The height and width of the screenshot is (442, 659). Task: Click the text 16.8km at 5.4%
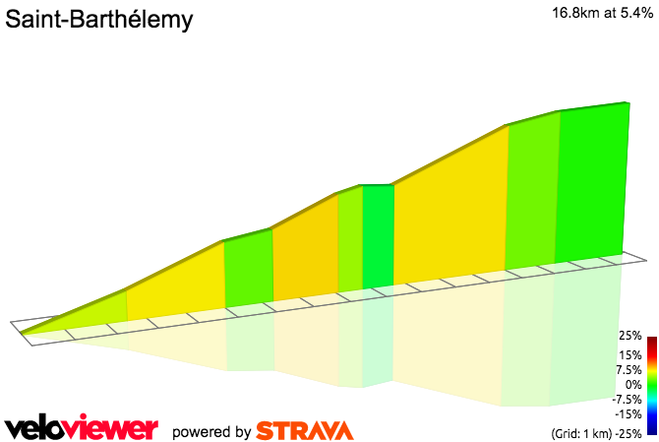coord(599,13)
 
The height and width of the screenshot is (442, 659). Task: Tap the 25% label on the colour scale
coord(630,337)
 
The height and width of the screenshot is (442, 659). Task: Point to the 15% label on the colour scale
coord(630,354)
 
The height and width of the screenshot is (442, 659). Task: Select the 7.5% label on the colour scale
coord(629,370)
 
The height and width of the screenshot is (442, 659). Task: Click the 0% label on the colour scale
coord(633,385)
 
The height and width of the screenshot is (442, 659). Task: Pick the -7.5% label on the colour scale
coord(627,400)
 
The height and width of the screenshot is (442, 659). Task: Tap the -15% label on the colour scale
coord(629,414)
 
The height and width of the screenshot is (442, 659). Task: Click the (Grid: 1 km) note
coord(583,433)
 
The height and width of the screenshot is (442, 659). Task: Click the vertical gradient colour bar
coord(651,385)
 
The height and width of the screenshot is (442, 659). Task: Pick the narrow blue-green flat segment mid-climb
coord(379,236)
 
